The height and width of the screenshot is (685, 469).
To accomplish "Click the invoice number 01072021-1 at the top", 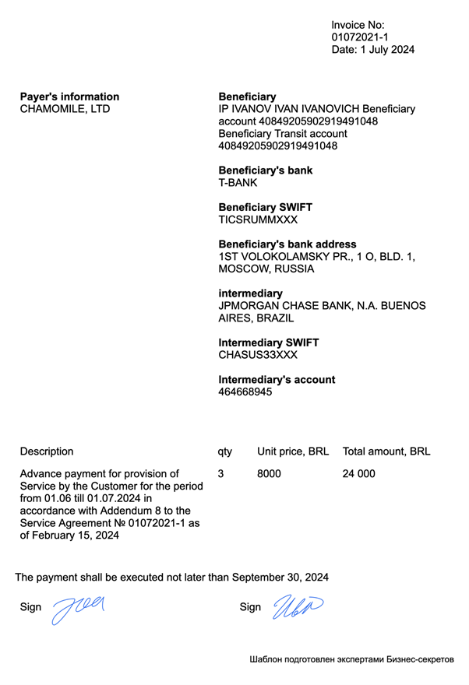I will pos(360,37).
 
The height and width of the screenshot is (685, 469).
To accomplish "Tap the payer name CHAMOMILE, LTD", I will pos(65,109).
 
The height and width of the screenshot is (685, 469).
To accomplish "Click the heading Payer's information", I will pos(69,97).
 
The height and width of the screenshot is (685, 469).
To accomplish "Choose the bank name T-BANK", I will pos(238,183).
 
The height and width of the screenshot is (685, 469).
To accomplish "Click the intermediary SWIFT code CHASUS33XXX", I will pos(258,355).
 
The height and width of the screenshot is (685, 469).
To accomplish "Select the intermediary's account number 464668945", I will pos(245,392).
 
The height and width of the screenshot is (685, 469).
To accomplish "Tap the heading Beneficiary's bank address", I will pos(287,244).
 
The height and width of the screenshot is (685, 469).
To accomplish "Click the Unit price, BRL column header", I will pos(293,451).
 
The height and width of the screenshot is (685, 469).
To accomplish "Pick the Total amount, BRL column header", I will pos(386,451).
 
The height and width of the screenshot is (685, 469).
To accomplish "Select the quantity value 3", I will pos(221,473).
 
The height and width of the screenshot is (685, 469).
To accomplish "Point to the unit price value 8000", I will pos(269,473).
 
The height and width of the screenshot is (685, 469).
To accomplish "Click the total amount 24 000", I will pos(358,473).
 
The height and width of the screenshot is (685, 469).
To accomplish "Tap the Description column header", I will pos(47,451).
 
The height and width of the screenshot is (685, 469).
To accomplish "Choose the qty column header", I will pos(225,451).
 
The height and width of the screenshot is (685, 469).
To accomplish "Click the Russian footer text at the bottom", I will pos(351,659).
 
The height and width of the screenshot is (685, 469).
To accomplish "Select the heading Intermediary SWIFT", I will pos(269,342).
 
